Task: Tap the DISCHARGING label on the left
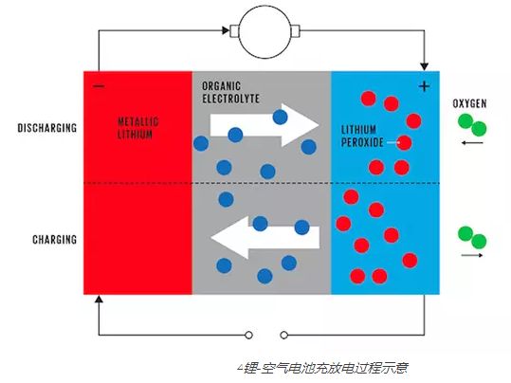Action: [x=46, y=126]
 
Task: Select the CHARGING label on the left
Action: [x=52, y=240]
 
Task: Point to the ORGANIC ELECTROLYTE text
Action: [x=228, y=91]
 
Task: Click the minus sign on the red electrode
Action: [x=99, y=86]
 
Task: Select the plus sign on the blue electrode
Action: [x=423, y=86]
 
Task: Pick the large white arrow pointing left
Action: [x=252, y=238]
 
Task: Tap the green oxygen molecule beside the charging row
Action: [x=471, y=236]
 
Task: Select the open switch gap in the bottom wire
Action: [x=265, y=334]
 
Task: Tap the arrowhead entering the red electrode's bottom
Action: [x=99, y=297]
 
